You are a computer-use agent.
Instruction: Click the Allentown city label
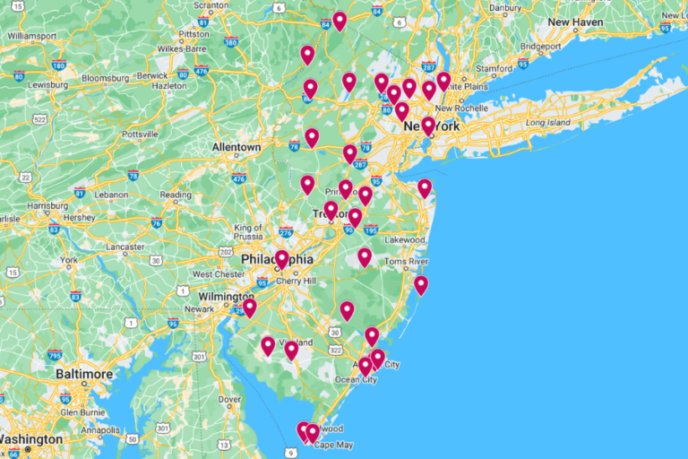tap(236, 147)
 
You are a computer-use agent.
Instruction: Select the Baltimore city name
tap(84, 374)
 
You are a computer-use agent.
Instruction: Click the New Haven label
tap(575, 22)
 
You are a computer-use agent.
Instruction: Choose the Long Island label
tap(547, 122)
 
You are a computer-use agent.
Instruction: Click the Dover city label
tap(230, 400)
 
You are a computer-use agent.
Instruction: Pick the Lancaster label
tap(125, 247)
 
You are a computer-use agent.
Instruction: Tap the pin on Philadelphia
tap(282, 258)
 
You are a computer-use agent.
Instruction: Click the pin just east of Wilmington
tap(250, 307)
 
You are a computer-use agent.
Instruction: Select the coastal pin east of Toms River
tap(421, 284)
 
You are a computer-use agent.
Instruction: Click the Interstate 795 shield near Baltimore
tap(56, 356)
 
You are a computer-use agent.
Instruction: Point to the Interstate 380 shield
tap(231, 42)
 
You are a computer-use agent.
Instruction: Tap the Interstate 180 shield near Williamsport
tap(59, 65)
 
